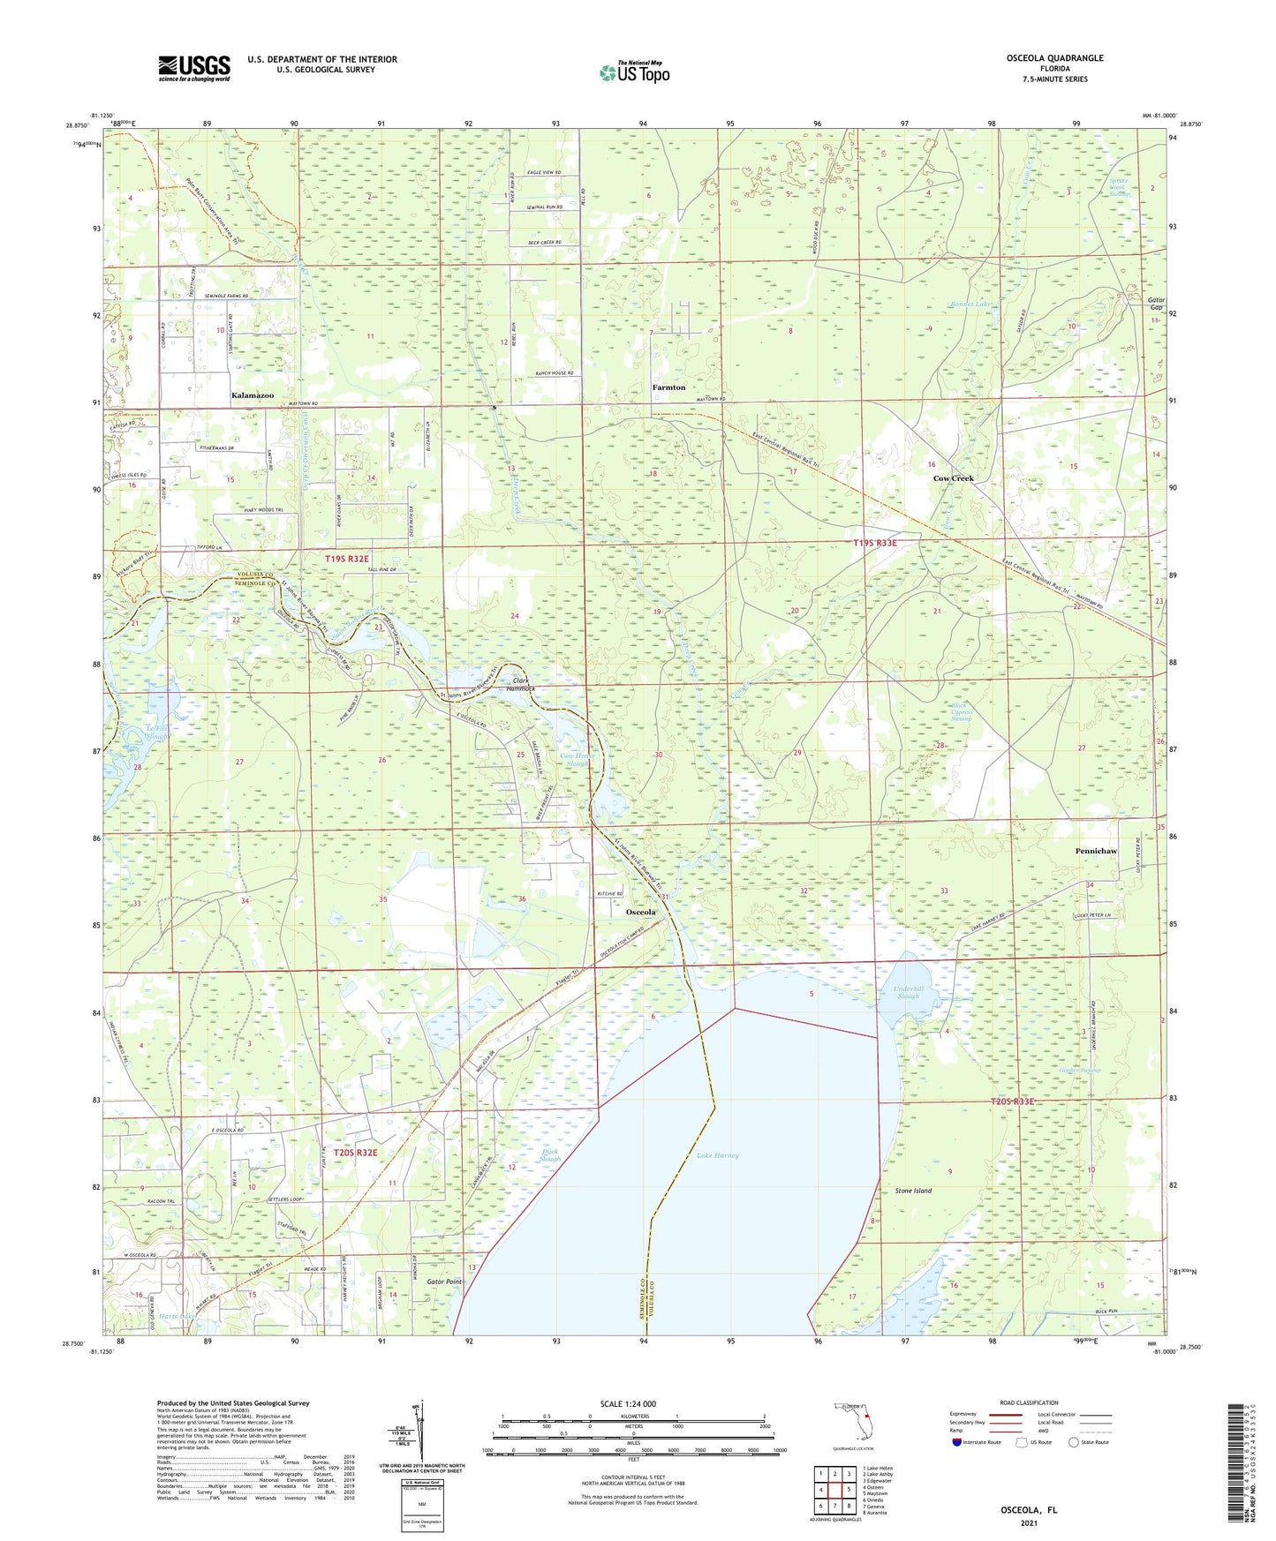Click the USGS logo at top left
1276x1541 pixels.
click(x=194, y=68)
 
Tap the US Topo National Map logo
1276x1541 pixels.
click(x=634, y=71)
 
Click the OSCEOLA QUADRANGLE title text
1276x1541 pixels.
click(x=1054, y=58)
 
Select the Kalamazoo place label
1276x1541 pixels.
click(x=253, y=395)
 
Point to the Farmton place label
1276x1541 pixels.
click(x=668, y=387)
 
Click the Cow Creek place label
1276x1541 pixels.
click(x=954, y=478)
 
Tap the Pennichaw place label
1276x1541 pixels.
click(x=1096, y=851)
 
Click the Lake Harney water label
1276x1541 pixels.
click(x=717, y=1155)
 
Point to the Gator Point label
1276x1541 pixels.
click(x=443, y=1282)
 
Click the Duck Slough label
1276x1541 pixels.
click(x=549, y=1155)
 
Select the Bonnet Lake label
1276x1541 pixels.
click(x=972, y=304)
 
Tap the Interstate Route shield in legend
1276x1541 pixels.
click(x=958, y=1442)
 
